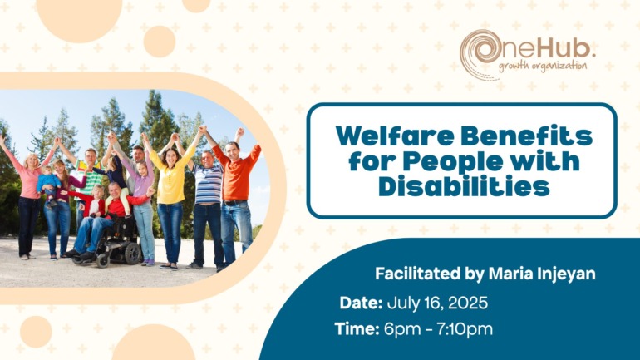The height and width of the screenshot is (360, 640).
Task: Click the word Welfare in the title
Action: coord(395,136)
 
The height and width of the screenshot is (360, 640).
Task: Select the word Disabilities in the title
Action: coord(464,186)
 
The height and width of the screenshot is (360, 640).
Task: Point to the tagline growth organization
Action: coord(543,67)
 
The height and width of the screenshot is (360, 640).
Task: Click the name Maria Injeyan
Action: coord(542,274)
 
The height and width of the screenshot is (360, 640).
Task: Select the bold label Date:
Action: coord(361,303)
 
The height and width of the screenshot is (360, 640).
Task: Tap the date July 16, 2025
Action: coord(437,303)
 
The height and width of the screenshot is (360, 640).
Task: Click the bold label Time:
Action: coord(357,329)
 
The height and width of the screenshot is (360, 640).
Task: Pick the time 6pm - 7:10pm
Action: coord(438,329)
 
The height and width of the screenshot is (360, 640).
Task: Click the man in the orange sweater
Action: coord(236,196)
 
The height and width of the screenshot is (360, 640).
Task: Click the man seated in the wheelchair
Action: coord(106,216)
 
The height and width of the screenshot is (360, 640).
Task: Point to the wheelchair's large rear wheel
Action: coord(132,253)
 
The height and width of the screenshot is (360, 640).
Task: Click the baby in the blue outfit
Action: coord(48,185)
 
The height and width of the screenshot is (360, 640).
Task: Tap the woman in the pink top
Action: coord(27,200)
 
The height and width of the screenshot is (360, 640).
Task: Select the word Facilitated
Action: coord(418,274)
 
